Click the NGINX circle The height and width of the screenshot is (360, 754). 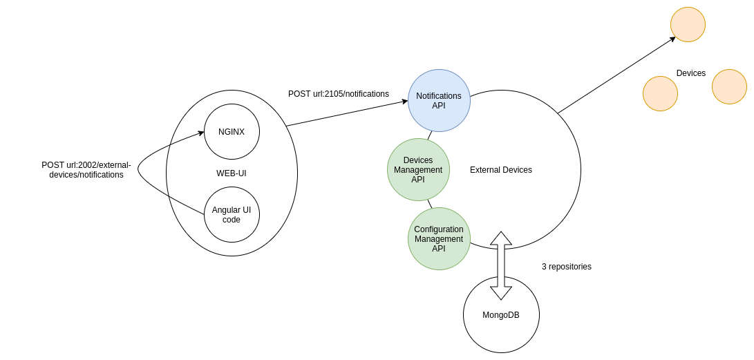(232, 132)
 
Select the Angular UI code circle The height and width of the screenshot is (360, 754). (232, 215)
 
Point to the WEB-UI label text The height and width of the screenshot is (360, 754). (232, 173)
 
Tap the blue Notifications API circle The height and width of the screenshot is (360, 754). (439, 101)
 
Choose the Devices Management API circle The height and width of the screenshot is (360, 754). (418, 170)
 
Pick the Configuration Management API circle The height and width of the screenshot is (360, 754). (439, 239)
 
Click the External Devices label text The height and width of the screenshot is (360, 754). (501, 170)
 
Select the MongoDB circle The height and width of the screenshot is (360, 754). (501, 315)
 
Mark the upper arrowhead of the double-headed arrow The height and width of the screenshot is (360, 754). (501, 238)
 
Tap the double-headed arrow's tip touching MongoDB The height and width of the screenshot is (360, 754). (501, 294)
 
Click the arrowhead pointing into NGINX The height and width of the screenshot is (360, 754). (201, 133)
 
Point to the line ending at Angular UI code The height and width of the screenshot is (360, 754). (187, 205)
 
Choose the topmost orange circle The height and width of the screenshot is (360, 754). (688, 25)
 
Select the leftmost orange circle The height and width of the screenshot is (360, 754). (660, 94)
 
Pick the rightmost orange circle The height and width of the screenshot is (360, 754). (729, 87)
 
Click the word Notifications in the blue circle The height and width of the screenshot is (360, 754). (439, 96)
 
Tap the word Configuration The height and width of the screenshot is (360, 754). (439, 229)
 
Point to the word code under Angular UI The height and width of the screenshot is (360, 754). (232, 220)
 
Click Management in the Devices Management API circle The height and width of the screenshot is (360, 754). (418, 170)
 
